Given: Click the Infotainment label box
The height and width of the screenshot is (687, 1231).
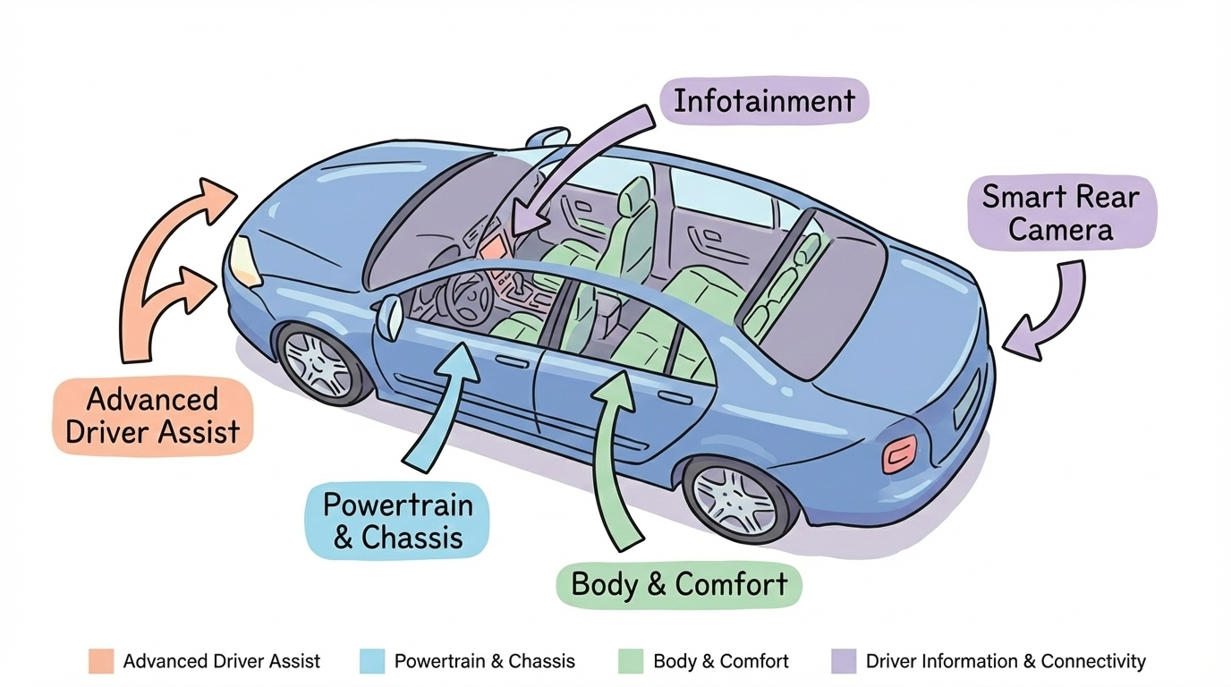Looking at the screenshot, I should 764,100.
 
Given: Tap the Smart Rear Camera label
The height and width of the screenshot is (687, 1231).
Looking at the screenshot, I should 1061,212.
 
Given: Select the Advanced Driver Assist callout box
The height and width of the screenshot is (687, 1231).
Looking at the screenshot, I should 153,416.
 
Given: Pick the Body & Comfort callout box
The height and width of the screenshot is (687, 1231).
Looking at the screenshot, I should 679,585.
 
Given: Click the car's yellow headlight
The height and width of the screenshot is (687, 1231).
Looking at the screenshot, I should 243,261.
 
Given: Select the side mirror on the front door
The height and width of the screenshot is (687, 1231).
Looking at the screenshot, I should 390,318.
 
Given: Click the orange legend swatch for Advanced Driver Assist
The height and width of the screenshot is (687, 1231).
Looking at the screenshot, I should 101,661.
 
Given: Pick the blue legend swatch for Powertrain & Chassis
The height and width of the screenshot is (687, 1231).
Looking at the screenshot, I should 371,661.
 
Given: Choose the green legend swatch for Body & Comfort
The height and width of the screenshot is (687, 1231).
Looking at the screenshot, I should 631,661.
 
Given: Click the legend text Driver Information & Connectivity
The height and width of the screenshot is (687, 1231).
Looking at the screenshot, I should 1005,661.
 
